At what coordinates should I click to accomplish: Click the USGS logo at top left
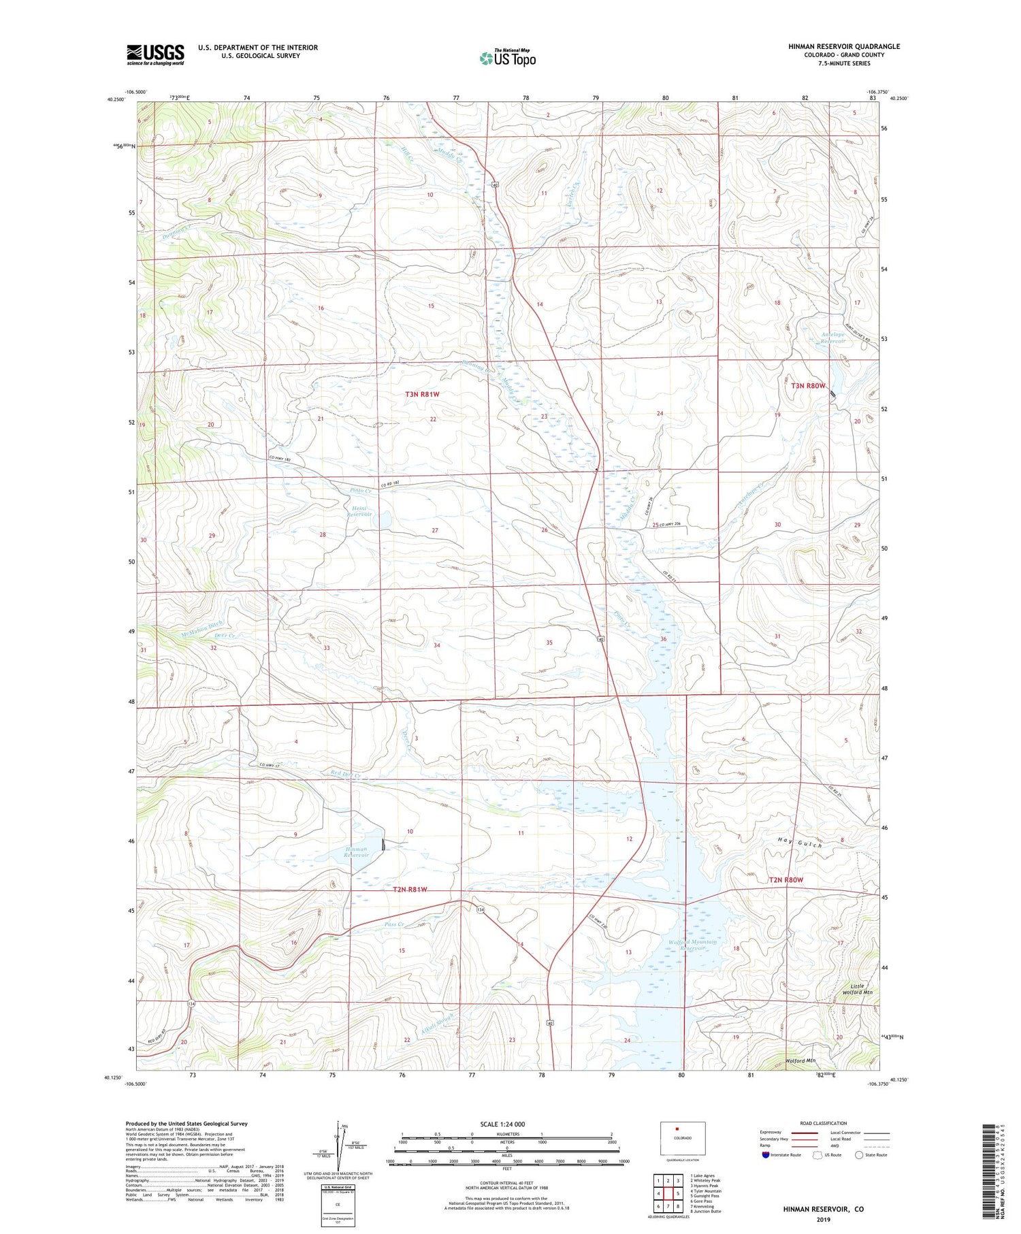155,54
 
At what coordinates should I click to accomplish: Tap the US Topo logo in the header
507,59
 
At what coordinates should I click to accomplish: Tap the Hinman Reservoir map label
356,851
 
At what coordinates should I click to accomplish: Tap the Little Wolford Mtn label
861,989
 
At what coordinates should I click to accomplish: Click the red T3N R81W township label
422,394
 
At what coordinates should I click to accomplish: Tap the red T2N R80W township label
785,880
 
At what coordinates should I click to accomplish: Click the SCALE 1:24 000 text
502,1124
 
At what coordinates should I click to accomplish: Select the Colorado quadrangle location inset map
683,1137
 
